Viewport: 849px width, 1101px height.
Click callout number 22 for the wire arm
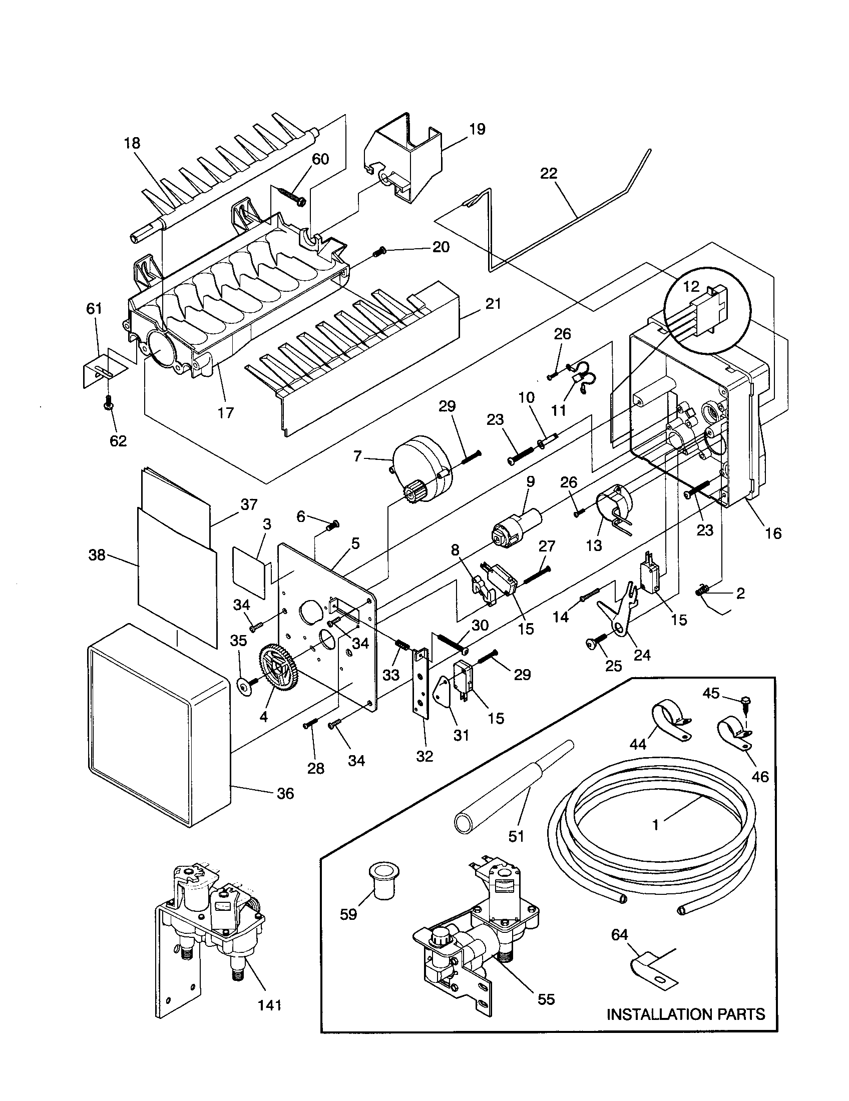tap(549, 174)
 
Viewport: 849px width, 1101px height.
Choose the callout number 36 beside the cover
tap(285, 794)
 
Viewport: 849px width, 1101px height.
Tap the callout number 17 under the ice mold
tap(226, 412)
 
